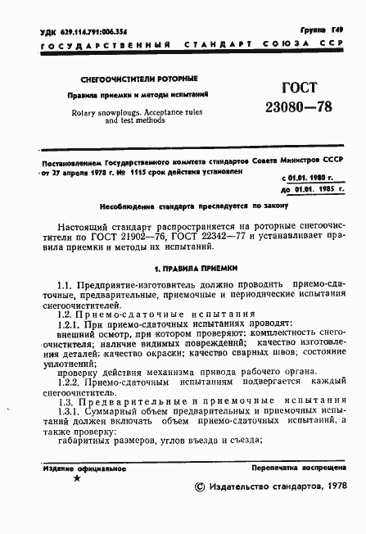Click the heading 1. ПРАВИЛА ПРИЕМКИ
(x=183, y=267)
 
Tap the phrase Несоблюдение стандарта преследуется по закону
(x=183, y=206)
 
